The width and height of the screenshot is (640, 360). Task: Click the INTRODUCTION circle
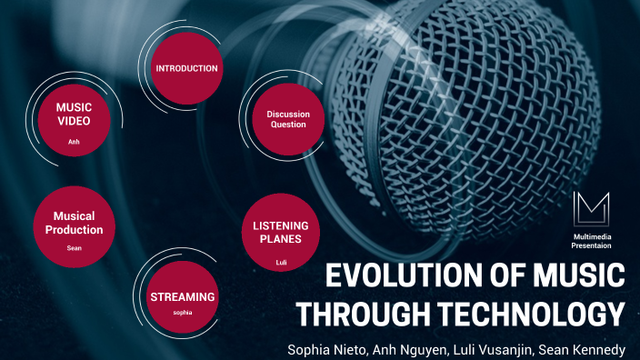pyautogui.click(x=186, y=68)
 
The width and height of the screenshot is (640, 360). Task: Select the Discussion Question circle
pyautogui.click(x=287, y=119)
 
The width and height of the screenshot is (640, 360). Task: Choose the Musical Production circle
pyautogui.click(x=74, y=224)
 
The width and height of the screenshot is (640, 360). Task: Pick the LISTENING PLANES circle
pyautogui.click(x=281, y=231)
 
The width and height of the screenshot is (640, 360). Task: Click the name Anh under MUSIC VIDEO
pyautogui.click(x=74, y=142)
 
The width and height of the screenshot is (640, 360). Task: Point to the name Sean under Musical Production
pyautogui.click(x=74, y=247)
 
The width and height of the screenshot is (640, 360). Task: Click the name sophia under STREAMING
pyautogui.click(x=183, y=313)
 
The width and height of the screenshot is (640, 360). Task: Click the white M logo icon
pyautogui.click(x=591, y=211)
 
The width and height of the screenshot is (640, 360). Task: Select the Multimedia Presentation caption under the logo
pyautogui.click(x=591, y=240)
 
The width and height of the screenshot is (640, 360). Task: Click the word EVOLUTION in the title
pyautogui.click(x=395, y=275)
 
